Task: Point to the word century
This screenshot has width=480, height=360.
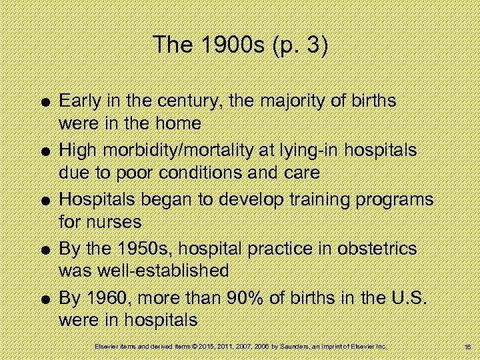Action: click(189, 101)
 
